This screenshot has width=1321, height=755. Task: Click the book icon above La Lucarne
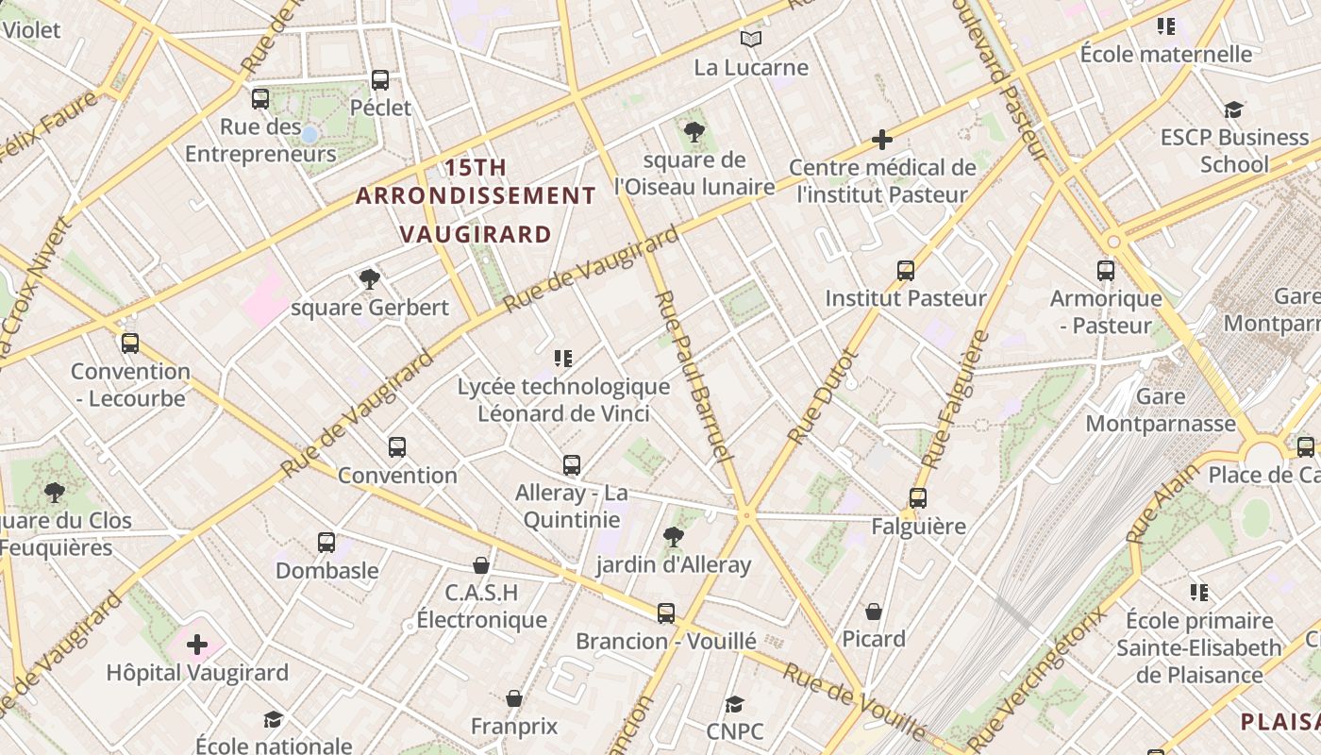(750, 39)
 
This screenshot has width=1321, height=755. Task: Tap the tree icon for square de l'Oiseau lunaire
(694, 132)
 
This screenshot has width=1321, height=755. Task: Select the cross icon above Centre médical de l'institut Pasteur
(882, 140)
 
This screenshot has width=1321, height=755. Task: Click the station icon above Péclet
(380, 79)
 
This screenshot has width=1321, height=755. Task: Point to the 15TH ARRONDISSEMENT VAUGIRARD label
(476, 200)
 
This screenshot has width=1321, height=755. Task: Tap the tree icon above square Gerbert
(370, 278)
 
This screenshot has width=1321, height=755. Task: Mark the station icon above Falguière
(918, 497)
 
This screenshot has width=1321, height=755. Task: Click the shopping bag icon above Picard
(874, 612)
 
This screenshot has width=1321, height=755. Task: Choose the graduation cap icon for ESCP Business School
(1233, 109)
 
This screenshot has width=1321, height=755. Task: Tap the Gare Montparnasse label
(1161, 410)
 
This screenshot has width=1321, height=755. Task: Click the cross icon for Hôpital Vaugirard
(197, 645)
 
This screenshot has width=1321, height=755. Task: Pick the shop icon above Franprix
(514, 698)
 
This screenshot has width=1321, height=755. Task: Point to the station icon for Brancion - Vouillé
(666, 613)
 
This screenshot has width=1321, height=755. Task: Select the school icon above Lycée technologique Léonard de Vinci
(563, 359)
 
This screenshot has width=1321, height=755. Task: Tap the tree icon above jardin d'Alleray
(674, 537)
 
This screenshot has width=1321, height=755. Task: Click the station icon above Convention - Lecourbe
(130, 344)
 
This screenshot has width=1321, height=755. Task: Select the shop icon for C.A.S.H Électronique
(481, 565)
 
